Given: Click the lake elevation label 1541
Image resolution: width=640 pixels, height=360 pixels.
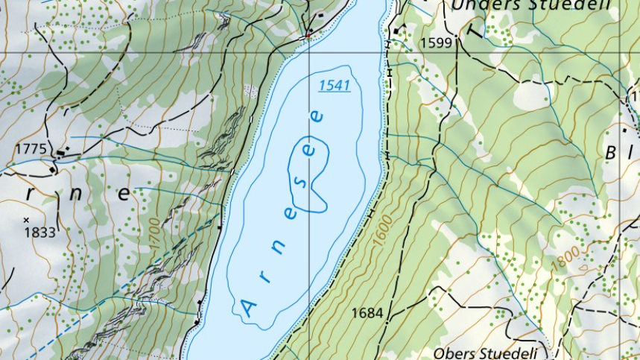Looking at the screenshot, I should [335, 86].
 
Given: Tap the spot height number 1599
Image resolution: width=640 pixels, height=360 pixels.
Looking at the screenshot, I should [436, 42].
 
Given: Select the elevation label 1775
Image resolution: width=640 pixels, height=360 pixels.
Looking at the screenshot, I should [30, 148].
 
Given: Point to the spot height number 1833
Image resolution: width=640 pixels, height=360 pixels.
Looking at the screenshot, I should [39, 233].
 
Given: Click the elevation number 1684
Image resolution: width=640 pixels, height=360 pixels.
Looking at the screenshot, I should [367, 313].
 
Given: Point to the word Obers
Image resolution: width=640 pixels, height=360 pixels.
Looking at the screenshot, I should [455, 353].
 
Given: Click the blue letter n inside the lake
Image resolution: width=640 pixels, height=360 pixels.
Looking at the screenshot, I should [276, 250].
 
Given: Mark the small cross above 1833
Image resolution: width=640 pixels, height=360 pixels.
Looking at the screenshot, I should [26, 220].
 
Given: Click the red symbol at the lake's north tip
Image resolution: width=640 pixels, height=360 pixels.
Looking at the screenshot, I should [306, 34].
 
